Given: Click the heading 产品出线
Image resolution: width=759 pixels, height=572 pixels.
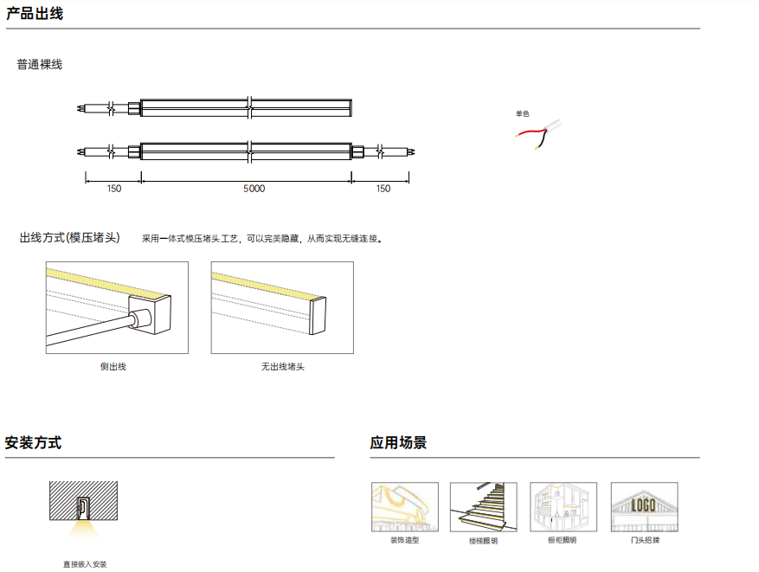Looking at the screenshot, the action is pos(35,14).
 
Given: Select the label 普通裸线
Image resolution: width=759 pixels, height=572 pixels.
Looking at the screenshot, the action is pos(40,64).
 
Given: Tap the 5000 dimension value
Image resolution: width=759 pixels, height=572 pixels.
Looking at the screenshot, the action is pos(254,189).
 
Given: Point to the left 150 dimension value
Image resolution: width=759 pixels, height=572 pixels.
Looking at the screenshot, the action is pos(114,189).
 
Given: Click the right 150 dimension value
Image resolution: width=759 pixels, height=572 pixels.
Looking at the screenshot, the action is pos(383,189).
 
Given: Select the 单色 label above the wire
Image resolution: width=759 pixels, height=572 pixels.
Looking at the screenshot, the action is pos(522,113).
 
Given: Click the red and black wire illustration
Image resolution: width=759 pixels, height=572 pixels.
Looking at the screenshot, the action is pos(538,134).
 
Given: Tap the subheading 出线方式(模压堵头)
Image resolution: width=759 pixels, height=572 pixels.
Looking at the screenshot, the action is pos(70,238).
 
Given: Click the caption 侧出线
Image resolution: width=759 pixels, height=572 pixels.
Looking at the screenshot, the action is pos(113,367).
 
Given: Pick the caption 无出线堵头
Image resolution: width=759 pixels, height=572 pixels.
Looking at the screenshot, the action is pos(283,367).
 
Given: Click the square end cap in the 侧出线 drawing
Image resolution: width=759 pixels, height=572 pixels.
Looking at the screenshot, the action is pos(150,314).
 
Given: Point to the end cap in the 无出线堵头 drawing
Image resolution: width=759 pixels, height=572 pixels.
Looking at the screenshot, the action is pos(318,316).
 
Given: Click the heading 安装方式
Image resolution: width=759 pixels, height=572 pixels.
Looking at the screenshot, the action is pos(34,443).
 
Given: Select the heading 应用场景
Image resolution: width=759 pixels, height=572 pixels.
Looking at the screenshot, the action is pos(398,443).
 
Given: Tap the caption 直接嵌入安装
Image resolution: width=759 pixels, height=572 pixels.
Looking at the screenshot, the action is pos(85,564).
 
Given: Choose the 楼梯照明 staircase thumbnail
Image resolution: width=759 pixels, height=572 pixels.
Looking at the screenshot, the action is pos(484,507).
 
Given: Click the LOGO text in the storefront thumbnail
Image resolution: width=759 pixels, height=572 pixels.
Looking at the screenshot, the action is pos(643,505).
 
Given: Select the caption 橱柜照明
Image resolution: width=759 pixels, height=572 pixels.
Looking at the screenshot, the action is pos(562,540).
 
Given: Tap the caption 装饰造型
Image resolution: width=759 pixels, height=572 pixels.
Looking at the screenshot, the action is pos(405,540).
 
